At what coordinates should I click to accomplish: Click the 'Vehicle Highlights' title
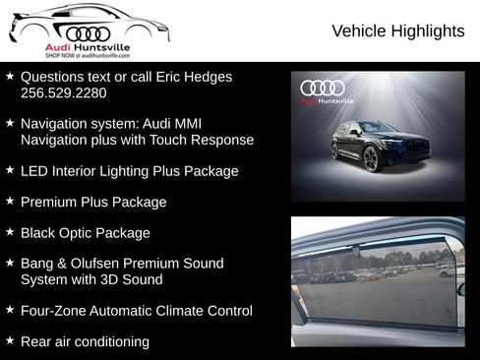(397, 31)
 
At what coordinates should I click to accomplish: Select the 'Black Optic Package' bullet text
(86, 233)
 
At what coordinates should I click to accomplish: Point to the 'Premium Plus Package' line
(93, 202)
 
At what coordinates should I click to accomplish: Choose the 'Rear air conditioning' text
(85, 341)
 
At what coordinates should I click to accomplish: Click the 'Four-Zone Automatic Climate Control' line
(136, 311)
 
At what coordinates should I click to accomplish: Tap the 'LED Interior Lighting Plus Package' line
(129, 171)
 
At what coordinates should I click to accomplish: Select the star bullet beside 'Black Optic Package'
(10, 232)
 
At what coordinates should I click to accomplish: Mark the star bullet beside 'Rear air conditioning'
(10, 340)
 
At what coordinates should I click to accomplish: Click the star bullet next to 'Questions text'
(10, 76)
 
